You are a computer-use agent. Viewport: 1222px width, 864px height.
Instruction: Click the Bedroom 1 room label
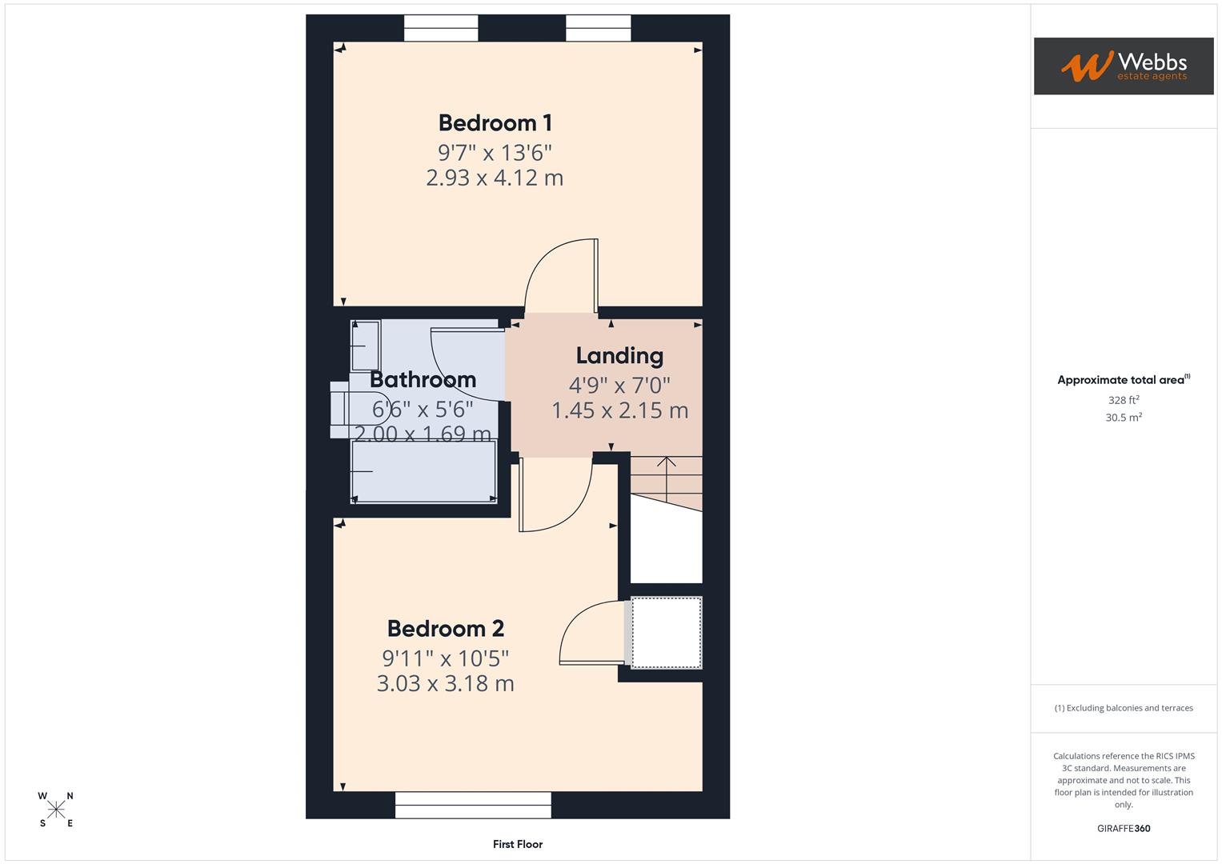(495, 123)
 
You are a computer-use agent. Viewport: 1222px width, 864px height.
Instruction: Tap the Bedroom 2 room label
(445, 629)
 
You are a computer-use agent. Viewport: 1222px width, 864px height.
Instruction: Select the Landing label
(619, 356)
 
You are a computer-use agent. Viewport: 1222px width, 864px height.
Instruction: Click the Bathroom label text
(423, 379)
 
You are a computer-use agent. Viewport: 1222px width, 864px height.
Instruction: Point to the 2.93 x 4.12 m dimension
(495, 178)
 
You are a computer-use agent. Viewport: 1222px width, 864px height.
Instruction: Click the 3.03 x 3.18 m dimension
(445, 684)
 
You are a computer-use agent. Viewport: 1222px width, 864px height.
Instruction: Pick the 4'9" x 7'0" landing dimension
(619, 386)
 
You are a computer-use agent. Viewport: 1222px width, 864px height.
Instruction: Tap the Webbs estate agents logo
(1123, 66)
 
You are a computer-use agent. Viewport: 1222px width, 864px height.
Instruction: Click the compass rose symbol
(56, 810)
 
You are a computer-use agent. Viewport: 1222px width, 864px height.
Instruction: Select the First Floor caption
(518, 844)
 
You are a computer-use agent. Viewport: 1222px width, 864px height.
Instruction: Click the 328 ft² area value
(1123, 400)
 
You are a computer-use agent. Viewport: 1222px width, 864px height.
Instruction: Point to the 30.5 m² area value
(1123, 418)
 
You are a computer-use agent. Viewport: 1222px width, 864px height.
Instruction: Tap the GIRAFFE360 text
(1123, 829)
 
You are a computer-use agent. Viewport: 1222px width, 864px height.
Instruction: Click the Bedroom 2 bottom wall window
(473, 805)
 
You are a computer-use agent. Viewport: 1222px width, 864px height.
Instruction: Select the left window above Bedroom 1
(441, 28)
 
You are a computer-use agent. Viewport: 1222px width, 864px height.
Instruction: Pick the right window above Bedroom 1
(598, 28)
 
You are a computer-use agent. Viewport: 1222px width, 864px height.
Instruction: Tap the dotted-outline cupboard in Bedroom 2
(667, 632)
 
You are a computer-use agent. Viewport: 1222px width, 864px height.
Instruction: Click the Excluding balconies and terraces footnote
(1123, 708)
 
